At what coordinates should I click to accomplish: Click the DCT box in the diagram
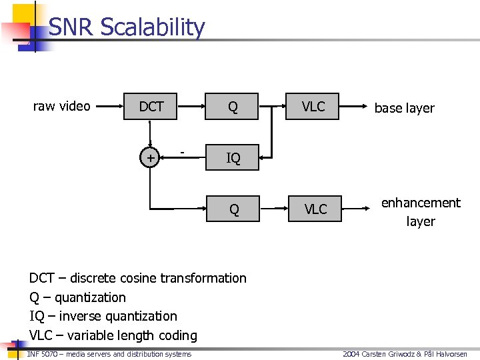click(x=151, y=107)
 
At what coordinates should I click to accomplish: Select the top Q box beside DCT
click(x=232, y=107)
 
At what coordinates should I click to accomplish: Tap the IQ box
click(x=233, y=158)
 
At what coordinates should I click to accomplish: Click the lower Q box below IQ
click(x=233, y=209)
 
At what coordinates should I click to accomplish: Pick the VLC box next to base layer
click(x=313, y=107)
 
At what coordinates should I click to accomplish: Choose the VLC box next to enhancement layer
click(x=315, y=209)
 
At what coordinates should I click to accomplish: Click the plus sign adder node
click(x=151, y=158)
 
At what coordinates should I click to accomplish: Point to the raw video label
click(x=62, y=106)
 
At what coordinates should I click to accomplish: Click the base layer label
click(x=404, y=108)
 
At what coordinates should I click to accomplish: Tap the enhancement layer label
click(x=421, y=212)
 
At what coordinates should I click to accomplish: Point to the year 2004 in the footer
click(x=351, y=354)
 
